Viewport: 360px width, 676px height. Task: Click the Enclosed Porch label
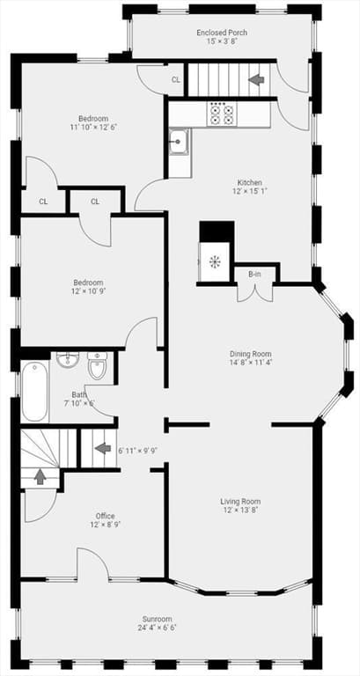click(x=222, y=33)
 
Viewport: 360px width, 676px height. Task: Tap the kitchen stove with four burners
click(x=222, y=114)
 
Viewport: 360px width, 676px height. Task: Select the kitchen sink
click(x=178, y=142)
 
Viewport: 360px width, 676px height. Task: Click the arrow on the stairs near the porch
click(x=256, y=79)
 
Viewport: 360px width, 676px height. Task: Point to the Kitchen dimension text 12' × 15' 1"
click(x=249, y=190)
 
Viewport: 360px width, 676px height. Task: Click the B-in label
click(x=254, y=275)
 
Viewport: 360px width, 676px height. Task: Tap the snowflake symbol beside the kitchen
click(x=214, y=261)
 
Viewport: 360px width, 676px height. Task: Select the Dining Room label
click(x=251, y=354)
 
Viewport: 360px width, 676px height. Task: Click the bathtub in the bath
click(x=34, y=392)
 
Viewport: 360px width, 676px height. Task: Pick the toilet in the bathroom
click(x=97, y=366)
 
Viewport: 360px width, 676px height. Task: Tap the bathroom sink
click(x=69, y=359)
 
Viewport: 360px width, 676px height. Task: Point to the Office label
click(x=106, y=516)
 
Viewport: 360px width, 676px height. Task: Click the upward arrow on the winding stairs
click(x=40, y=476)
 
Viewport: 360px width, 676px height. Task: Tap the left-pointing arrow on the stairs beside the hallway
click(x=103, y=448)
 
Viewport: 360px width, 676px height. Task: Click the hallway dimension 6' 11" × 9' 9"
click(x=137, y=450)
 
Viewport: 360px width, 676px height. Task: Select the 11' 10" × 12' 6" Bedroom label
click(x=93, y=127)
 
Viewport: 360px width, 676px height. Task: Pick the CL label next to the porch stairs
click(x=175, y=79)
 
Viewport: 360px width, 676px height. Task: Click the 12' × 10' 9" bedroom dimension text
click(x=88, y=291)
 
